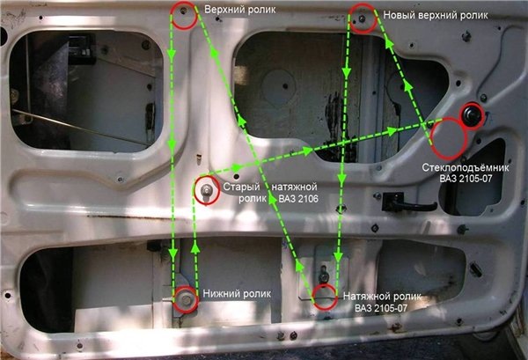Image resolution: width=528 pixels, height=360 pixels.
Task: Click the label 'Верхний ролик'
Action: pos(239,10)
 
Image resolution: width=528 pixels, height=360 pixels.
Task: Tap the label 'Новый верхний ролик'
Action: pos(436,15)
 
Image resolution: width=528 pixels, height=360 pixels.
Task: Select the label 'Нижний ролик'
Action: pos(237,294)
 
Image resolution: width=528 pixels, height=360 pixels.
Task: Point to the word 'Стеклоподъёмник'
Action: pos(466,167)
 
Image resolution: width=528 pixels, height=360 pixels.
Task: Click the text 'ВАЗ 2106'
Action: pos(298,199)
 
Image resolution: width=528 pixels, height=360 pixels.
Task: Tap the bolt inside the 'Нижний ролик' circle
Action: pos(186,299)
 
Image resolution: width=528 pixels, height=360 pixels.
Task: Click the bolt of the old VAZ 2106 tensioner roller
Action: pos(206,191)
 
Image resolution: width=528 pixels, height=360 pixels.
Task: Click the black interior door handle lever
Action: pos(409,202)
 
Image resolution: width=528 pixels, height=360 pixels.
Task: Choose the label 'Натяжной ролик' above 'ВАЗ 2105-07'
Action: pos(382,297)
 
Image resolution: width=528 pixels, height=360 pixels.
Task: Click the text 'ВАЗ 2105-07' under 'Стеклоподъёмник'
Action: pos(466,179)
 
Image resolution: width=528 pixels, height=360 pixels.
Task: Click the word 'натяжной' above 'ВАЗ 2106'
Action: pos(294,187)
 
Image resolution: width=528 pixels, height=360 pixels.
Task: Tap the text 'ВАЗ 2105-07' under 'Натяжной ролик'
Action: pos(381,308)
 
